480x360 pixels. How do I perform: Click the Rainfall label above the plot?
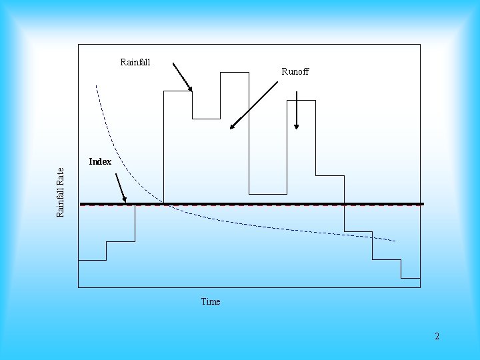point(135,63)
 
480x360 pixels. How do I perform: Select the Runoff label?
point(295,71)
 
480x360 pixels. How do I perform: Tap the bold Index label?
point(100,161)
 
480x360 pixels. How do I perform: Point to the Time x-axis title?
point(211,301)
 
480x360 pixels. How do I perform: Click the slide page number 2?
point(437,336)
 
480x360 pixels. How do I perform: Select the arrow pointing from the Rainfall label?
point(182,77)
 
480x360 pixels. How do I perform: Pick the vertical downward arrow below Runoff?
point(296,110)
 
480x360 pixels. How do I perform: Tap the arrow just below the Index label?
point(121,187)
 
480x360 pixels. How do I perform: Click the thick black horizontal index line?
point(267,203)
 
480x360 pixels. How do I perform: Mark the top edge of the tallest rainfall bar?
point(235,72)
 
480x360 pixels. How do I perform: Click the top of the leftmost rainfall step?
point(92,259)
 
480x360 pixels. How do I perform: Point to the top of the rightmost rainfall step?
point(410,277)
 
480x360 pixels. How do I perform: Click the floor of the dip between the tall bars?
point(268,194)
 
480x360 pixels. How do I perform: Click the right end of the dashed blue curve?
point(395,240)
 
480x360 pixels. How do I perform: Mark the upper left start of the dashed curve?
point(97,86)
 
